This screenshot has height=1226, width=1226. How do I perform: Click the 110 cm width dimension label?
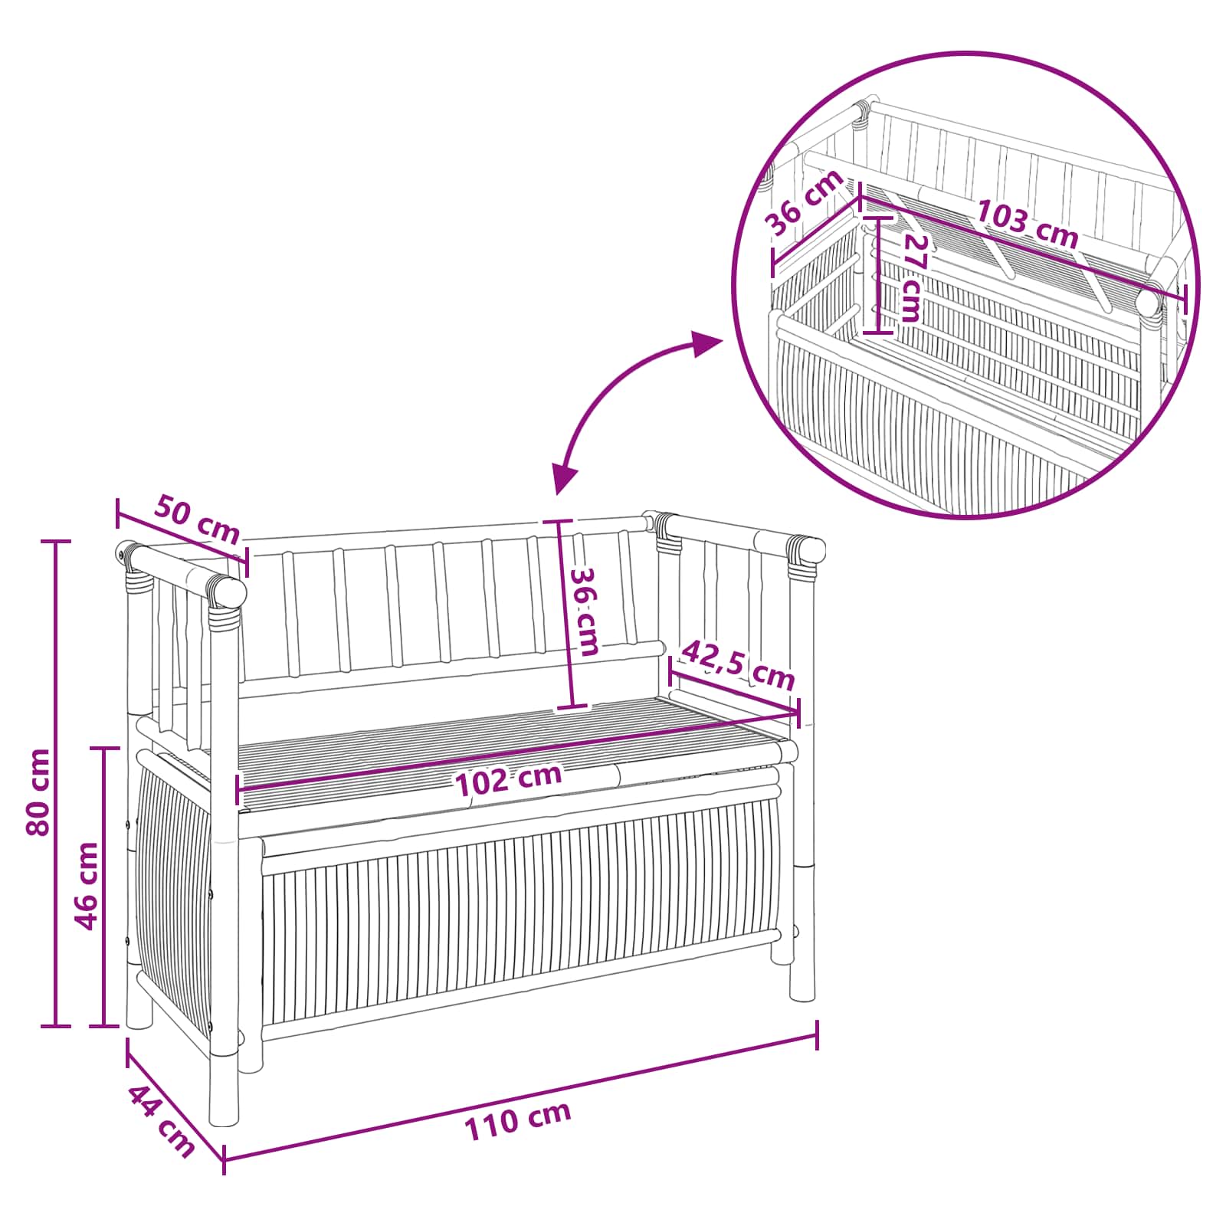point(518,1120)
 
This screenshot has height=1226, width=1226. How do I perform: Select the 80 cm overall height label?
point(38,792)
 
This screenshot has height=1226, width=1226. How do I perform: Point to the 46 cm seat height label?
point(87,886)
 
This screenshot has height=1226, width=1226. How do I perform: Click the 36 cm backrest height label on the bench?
point(587,611)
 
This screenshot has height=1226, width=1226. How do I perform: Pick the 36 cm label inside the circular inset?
point(805,203)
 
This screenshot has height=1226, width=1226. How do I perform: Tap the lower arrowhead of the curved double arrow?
point(565,480)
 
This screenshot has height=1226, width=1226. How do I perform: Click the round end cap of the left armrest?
point(230,592)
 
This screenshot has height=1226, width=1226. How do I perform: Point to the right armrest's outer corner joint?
point(805,550)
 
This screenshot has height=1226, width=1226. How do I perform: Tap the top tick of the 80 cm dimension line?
point(55,541)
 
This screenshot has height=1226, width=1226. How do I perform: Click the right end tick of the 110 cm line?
point(818,1034)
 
